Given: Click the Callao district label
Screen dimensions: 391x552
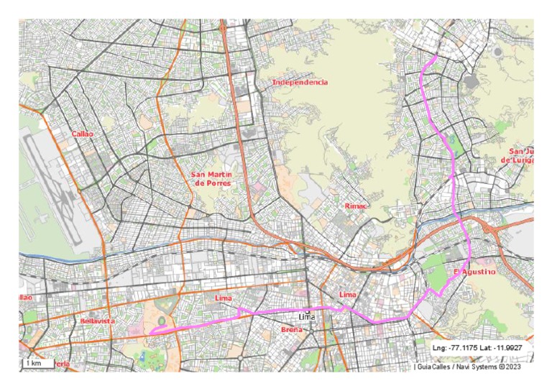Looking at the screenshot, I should coord(83,134).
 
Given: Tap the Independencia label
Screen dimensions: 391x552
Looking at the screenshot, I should coord(300,83).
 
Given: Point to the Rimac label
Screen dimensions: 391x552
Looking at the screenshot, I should coord(356,206).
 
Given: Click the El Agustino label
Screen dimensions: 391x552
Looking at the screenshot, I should coord(474,272).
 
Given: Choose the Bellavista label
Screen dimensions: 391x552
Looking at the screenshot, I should coord(98,321).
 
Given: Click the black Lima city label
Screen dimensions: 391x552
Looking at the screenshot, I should coord(307,317).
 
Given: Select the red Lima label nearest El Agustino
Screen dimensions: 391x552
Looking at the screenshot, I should coord(347,295).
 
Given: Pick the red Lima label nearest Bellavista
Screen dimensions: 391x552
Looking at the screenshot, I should coord(224,297).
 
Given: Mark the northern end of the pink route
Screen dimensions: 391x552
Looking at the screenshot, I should coord(435,55).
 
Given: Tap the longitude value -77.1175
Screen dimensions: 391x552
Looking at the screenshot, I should coord(466,348).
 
